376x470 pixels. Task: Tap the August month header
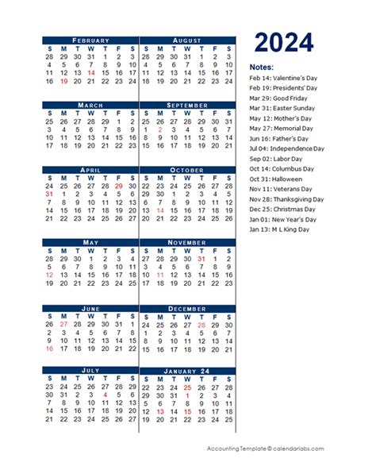(186, 40)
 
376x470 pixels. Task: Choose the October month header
(186, 170)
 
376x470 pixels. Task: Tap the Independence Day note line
(286, 148)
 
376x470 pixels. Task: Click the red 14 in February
(91, 72)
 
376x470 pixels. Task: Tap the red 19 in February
(63, 81)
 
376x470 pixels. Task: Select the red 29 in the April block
(118, 186)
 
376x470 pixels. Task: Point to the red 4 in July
(105, 395)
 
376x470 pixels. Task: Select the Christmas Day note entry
(282, 210)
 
